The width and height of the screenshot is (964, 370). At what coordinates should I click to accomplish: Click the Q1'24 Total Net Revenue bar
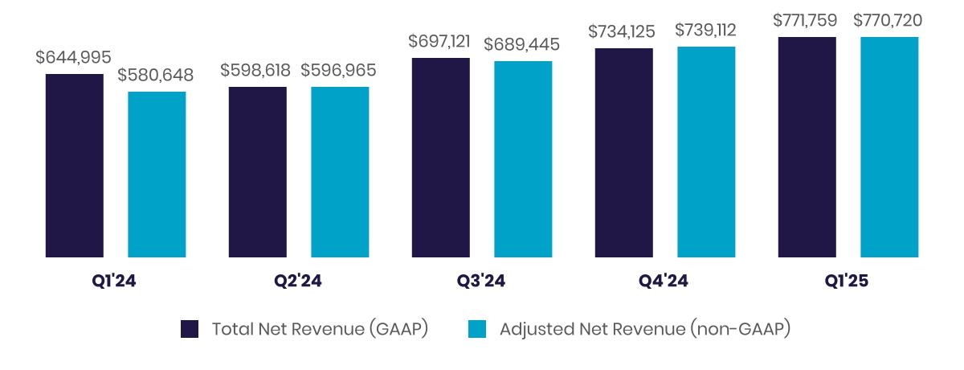click(x=75, y=166)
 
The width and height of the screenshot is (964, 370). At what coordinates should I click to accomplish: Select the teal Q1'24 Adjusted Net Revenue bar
click(x=157, y=175)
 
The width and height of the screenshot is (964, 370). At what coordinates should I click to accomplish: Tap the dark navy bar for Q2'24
click(x=258, y=172)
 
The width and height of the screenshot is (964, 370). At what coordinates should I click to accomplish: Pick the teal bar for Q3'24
click(x=523, y=159)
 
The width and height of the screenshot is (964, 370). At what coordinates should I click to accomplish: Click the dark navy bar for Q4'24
click(x=624, y=153)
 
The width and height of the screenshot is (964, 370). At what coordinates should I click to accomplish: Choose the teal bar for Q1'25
click(x=889, y=147)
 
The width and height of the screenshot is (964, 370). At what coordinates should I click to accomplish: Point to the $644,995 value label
click(x=74, y=57)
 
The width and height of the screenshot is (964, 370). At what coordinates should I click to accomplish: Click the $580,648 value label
click(x=156, y=75)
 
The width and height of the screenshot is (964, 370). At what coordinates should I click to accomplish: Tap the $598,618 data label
click(x=255, y=70)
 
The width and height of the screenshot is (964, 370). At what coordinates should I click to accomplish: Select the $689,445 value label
click(x=522, y=44)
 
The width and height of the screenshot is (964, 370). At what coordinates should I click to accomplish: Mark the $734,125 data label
click(x=622, y=31)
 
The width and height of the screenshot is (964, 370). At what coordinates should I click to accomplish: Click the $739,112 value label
click(x=705, y=30)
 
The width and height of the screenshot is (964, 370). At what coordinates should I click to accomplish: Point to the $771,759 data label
click(x=807, y=20)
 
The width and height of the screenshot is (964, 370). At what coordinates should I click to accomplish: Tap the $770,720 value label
click(x=888, y=20)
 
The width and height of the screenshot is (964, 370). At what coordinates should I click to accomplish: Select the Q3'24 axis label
click(x=481, y=282)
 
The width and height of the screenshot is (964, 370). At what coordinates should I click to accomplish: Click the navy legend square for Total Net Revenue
click(x=190, y=329)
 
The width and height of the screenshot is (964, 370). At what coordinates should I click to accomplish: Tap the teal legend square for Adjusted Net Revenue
click(x=477, y=329)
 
